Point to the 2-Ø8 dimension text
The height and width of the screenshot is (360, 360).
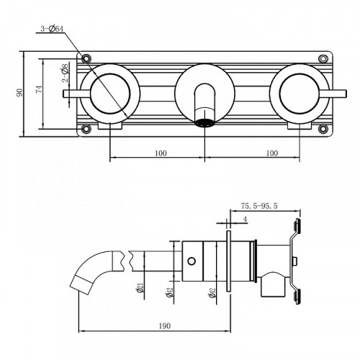tap(66, 73)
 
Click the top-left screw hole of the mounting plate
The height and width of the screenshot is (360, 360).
tap(86, 58)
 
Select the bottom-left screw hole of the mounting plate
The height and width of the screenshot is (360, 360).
tap(86, 130)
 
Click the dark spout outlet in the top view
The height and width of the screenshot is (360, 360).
tap(204, 121)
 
